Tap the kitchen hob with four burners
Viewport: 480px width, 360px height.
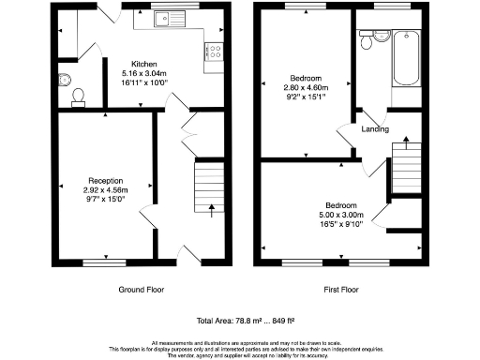coord(214,52)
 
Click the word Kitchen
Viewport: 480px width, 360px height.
coord(144,64)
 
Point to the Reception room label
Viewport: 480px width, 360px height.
coord(106,180)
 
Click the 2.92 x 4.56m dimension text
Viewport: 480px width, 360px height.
coord(106,189)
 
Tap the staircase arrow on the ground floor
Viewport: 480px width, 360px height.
coord(211,209)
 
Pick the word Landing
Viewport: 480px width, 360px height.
coord(376,129)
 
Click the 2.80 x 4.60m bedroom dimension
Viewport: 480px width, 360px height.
coord(306,86)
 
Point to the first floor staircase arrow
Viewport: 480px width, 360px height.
coord(405,143)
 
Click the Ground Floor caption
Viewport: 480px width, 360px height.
coord(144,290)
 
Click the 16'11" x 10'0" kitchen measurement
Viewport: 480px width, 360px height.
coord(144,82)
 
